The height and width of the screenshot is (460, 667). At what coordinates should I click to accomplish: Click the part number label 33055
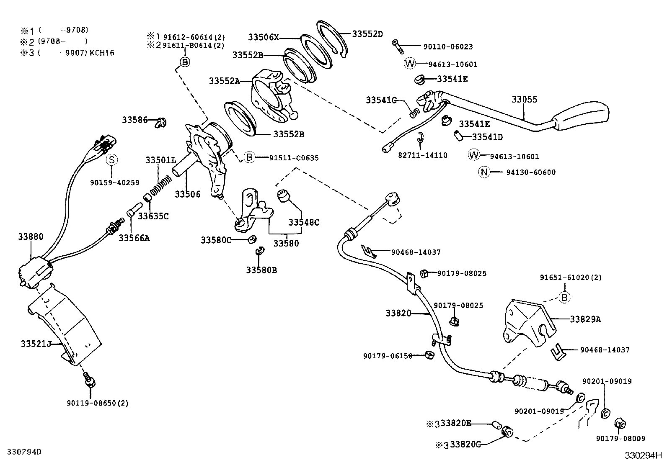point(524,100)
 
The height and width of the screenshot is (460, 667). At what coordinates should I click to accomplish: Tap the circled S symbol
point(112,159)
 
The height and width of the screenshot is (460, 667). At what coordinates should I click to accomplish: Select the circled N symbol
point(484,172)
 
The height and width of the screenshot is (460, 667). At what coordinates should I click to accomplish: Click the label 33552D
point(367,34)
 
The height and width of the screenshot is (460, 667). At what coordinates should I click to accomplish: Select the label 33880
point(30,236)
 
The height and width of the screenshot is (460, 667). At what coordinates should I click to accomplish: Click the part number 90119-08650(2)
point(97,403)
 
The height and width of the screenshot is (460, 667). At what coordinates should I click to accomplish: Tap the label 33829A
point(585,319)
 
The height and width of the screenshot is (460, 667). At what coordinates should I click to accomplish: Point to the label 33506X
point(263,37)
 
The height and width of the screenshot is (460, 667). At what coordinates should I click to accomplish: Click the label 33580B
point(261,270)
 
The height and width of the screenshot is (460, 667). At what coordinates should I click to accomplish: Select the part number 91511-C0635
point(294,158)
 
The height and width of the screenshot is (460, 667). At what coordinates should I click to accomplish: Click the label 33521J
point(36,344)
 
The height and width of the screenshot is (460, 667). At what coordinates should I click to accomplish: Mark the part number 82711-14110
point(422,155)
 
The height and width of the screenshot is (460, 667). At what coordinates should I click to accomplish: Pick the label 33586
point(135,120)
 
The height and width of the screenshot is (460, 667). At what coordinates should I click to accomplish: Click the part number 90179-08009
point(620,439)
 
